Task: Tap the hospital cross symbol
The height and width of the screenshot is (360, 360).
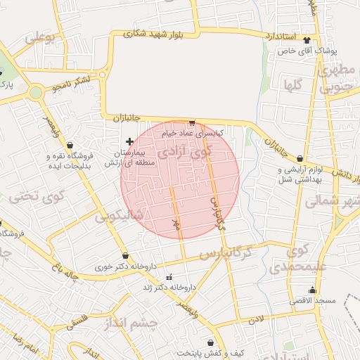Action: coord(129,141)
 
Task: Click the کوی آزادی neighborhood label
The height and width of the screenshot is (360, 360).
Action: coord(184,150)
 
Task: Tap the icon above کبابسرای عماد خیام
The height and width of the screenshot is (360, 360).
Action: coord(192,122)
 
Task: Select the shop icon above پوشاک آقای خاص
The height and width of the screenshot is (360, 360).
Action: coord(307,41)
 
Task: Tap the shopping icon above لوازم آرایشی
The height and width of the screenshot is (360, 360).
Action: coord(301,159)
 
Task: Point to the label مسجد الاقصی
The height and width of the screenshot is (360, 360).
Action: coord(314,301)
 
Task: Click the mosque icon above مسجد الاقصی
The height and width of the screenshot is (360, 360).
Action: coord(312,290)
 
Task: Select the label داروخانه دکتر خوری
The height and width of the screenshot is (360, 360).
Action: coord(126,267)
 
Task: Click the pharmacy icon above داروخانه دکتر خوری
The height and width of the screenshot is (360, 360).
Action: coord(125,256)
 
